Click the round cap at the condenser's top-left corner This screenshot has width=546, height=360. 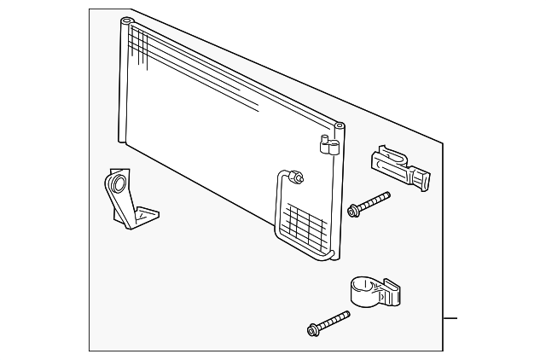click(126, 20)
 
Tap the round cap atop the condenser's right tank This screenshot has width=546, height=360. click(340, 126)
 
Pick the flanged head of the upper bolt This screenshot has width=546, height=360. click(352, 210)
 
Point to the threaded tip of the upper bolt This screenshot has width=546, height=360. click(386, 195)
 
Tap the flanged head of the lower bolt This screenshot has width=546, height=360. click(312, 329)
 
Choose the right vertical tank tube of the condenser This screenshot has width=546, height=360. click(340, 196)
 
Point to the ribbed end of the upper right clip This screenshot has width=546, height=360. click(421, 178)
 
